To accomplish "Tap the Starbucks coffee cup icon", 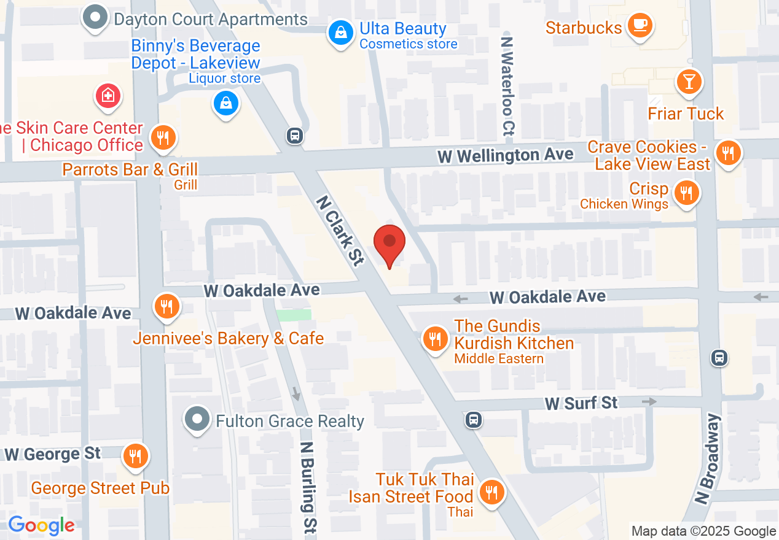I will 640,25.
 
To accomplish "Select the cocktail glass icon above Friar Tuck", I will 688,82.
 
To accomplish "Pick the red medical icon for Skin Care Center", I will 108,96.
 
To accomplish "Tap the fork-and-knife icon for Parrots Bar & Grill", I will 163,137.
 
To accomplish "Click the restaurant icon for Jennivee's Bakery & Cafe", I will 166,305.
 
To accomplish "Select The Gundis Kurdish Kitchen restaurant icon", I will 435,338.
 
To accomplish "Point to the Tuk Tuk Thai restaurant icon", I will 490,492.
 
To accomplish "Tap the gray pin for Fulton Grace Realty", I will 197,420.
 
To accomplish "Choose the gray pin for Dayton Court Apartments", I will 95,18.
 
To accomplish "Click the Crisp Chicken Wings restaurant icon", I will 686,193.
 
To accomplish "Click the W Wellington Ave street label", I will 505,155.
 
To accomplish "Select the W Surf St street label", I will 581,403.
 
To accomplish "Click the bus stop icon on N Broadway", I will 719,357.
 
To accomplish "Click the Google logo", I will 41,525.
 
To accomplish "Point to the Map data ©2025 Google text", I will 703,531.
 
